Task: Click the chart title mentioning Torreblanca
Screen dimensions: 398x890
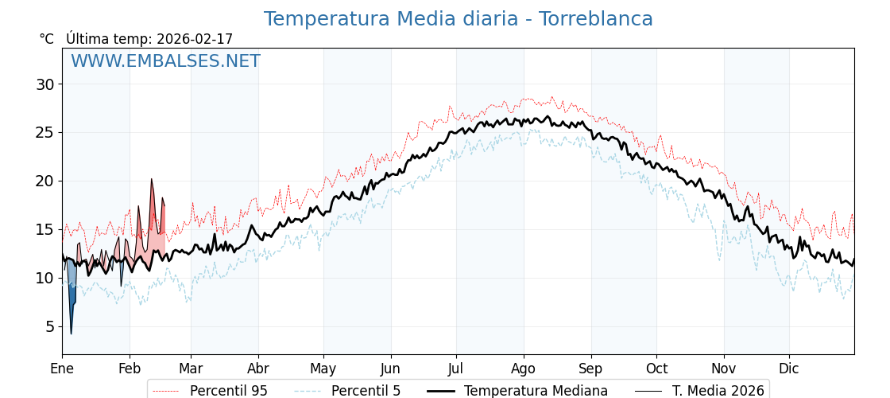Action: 458,19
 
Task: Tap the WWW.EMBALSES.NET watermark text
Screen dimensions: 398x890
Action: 165,61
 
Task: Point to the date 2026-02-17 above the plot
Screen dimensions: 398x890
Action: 195,39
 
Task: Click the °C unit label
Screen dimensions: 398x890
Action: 47,39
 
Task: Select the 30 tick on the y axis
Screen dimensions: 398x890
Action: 45,84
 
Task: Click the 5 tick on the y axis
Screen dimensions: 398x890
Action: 49,326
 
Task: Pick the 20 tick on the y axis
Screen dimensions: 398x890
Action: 45,181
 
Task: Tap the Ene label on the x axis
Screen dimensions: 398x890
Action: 62,369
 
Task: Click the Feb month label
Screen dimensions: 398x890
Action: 130,369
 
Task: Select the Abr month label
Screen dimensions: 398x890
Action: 258,369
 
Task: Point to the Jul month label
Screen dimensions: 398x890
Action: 456,369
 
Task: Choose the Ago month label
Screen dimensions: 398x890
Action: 524,369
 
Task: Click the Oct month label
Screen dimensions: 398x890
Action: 656,369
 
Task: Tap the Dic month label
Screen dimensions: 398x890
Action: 789,369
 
